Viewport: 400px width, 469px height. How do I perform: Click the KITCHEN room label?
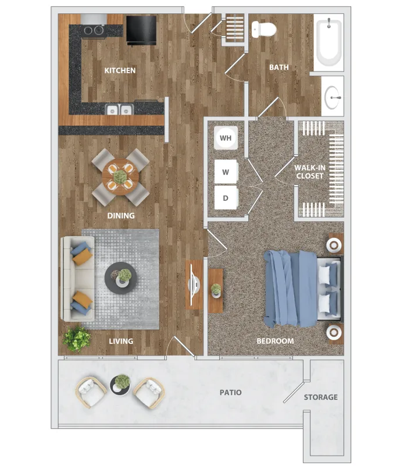point(120,70)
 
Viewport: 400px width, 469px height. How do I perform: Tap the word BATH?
point(279,67)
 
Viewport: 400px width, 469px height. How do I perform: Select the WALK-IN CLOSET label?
point(310,172)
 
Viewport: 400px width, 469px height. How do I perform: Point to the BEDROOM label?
point(275,341)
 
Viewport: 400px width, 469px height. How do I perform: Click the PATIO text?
point(230,392)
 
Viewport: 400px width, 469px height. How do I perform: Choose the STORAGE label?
point(321,397)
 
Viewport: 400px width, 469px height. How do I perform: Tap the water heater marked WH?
point(226,138)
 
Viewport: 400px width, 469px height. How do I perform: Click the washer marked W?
point(226,172)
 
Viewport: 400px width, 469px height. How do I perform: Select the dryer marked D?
point(226,198)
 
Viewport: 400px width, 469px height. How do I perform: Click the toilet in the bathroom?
point(263,29)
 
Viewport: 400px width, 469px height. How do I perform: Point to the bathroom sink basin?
point(332,98)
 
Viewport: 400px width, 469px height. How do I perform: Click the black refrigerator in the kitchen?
point(141,30)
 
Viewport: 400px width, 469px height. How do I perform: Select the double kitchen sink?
point(119,109)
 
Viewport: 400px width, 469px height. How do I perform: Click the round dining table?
point(120,177)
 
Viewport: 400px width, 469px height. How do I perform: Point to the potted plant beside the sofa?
point(77,339)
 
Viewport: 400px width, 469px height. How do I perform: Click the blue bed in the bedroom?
point(302,289)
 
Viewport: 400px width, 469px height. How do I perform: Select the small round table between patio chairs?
point(120,385)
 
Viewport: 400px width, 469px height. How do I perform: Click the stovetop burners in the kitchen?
point(94,30)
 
